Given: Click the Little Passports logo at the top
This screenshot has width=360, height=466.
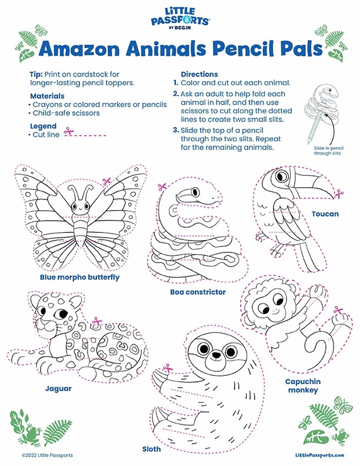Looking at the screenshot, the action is (x=180, y=18).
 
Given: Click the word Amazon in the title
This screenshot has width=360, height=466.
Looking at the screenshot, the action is (x=79, y=49).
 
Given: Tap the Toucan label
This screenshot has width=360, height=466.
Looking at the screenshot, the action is (x=325, y=214).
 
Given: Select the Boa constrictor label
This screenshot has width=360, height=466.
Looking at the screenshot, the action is (x=198, y=292).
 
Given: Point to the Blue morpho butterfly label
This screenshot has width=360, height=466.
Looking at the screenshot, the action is (x=79, y=277).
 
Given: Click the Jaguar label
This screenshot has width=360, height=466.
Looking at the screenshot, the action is (x=58, y=388).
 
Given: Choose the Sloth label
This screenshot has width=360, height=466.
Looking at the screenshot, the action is (x=152, y=449).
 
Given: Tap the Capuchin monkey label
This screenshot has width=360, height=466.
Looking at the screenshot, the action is (x=303, y=386).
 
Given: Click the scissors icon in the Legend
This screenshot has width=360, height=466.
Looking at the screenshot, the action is (x=69, y=131).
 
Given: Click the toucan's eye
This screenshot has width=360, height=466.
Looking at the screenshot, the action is (x=281, y=177).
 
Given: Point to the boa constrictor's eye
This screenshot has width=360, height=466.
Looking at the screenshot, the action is (x=195, y=192).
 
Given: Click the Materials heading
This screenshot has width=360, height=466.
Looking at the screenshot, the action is (x=47, y=96).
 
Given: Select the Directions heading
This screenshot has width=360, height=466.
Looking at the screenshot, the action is (x=199, y=74).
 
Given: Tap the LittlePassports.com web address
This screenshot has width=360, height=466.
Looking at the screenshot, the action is (x=319, y=455).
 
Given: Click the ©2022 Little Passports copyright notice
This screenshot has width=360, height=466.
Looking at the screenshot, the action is (x=47, y=455).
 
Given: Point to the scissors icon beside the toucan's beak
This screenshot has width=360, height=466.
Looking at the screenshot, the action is (x=339, y=194).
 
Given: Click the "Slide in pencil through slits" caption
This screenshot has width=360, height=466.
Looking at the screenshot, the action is (x=329, y=151).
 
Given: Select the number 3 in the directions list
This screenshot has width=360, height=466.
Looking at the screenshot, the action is (x=175, y=130).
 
